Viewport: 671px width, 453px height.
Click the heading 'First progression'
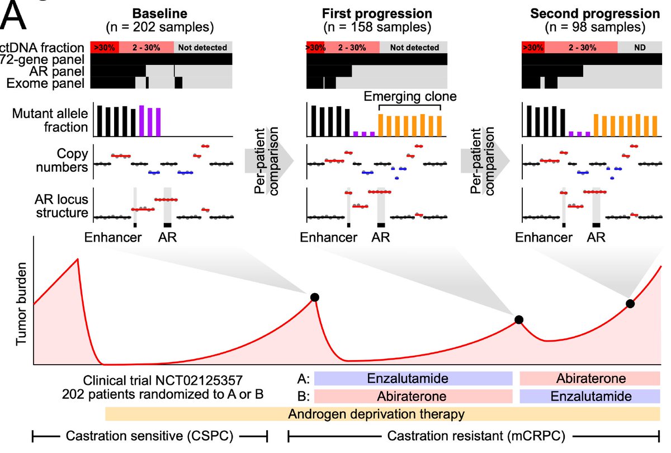tap(376, 13)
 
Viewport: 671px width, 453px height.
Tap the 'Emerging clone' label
tap(409, 96)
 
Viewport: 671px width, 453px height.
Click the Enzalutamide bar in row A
tap(413, 379)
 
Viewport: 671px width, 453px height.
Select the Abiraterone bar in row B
tap(413, 396)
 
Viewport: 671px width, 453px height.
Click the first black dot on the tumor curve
tap(315, 298)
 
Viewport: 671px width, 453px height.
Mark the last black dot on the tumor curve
tap(630, 304)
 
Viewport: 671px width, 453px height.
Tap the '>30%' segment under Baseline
tap(105, 48)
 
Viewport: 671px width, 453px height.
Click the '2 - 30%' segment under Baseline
tap(146, 48)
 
